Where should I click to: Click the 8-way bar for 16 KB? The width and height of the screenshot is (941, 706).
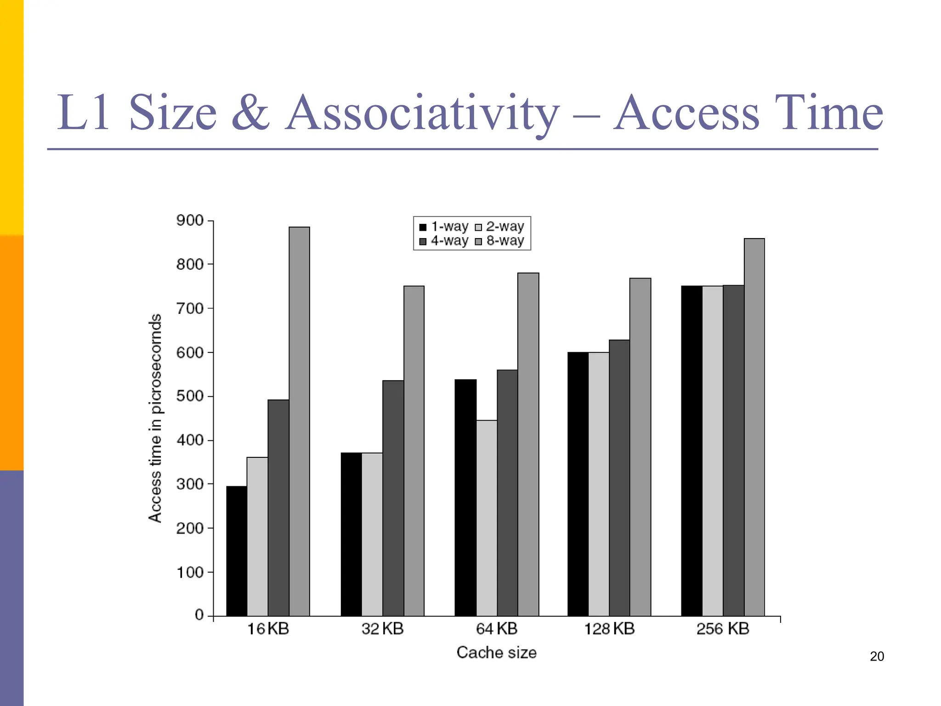pos(299,421)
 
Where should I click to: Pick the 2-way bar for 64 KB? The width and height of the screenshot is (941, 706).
pos(487,518)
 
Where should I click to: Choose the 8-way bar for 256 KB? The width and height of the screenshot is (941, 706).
pos(754,427)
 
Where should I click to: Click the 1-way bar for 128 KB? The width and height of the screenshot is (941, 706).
pos(578,484)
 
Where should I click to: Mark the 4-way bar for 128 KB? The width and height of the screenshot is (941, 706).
pos(619,478)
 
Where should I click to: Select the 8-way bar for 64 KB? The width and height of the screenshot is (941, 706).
pos(528,444)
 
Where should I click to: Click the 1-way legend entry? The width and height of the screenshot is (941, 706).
pos(443,227)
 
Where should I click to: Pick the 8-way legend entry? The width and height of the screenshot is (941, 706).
pos(499,241)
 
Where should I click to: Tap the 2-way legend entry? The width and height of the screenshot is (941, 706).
pos(499,227)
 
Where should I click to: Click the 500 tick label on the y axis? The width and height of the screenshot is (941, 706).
pos(190,396)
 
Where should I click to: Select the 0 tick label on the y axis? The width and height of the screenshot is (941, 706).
pos(199,615)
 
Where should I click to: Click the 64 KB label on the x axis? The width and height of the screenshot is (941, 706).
pos(497,629)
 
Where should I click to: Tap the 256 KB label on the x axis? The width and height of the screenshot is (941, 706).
pos(722,629)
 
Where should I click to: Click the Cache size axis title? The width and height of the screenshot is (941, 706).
pos(496,653)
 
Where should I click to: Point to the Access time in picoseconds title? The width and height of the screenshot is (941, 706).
pos(155,418)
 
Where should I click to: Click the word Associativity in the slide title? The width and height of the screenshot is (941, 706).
pos(422,113)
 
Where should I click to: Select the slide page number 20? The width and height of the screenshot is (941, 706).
pos(877,656)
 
